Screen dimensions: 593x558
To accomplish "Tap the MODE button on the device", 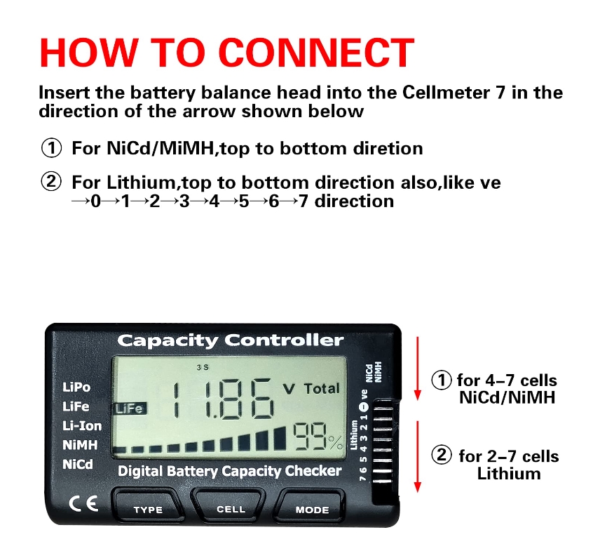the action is (x=311, y=507).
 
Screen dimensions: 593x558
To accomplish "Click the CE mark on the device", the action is (x=83, y=503).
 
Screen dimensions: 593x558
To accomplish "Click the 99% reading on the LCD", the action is (x=318, y=436).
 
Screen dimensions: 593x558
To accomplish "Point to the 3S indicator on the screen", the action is (x=203, y=367).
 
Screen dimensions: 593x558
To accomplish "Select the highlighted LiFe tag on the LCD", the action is (x=130, y=408).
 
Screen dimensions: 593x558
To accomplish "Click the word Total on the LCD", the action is (x=322, y=389).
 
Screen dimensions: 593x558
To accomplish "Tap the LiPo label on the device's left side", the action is (x=76, y=387).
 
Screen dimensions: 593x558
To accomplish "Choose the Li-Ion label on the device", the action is (x=82, y=426).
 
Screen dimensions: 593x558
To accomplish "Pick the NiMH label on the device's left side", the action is (x=80, y=445).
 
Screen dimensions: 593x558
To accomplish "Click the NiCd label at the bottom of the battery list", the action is (x=78, y=464).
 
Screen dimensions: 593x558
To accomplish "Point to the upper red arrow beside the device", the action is (x=418, y=368).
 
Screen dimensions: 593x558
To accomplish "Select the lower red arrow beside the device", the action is (x=418, y=456).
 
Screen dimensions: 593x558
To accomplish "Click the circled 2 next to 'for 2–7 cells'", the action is (x=442, y=455).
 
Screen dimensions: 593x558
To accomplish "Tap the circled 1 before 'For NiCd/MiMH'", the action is (x=51, y=147).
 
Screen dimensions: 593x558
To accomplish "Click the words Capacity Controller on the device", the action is (x=231, y=340).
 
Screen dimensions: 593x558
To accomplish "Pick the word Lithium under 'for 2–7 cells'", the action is (x=509, y=474).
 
